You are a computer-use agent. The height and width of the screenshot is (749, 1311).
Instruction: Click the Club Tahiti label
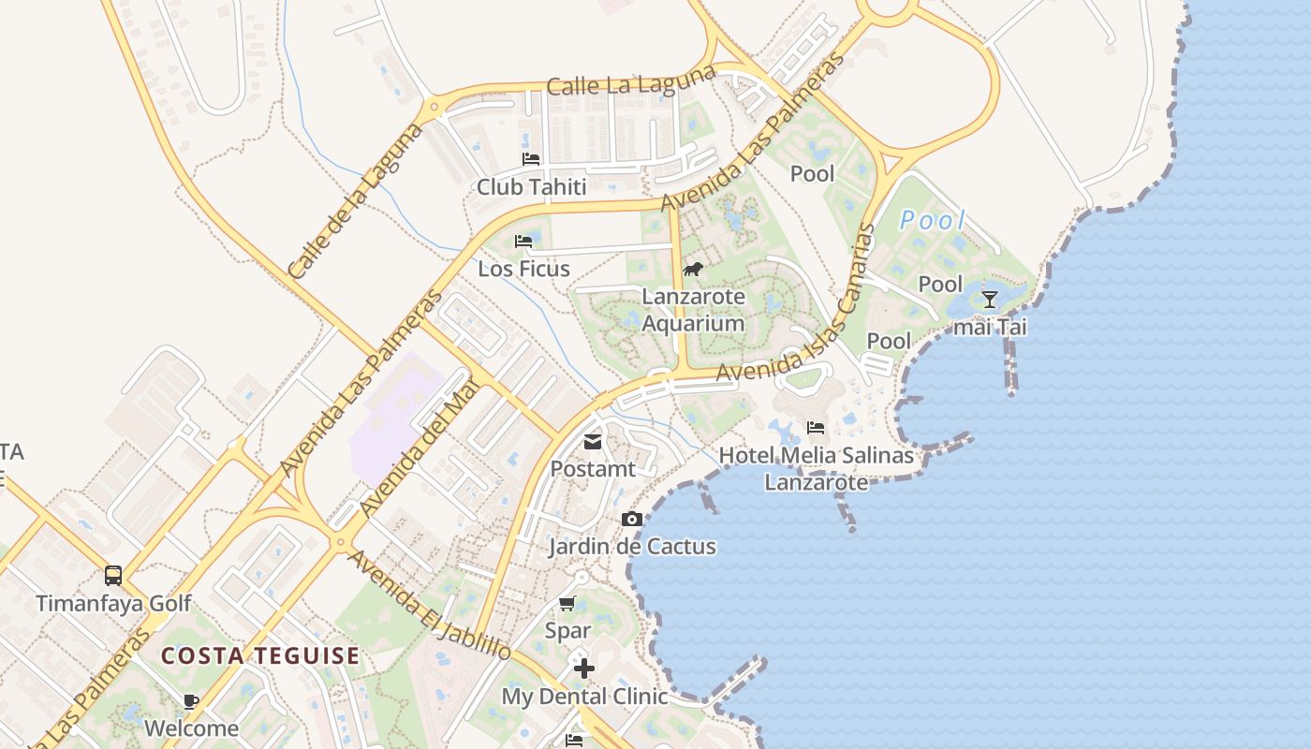531,186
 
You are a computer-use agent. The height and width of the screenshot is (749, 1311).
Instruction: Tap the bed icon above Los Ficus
523,242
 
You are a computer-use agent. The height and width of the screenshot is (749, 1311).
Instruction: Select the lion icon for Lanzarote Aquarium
693,270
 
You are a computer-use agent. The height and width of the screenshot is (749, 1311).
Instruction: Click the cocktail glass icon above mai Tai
989,300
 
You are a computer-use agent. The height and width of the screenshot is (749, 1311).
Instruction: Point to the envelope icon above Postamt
593,442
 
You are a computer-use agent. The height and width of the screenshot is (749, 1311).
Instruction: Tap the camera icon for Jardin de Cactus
632,520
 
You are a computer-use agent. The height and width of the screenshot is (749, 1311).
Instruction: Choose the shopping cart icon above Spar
567,604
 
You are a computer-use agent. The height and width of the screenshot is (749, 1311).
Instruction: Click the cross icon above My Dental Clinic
584,668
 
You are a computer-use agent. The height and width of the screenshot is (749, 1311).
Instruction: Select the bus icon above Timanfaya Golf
113,576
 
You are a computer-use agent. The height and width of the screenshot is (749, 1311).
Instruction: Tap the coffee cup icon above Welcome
191,701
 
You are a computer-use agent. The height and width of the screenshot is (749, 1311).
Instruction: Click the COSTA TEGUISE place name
259,655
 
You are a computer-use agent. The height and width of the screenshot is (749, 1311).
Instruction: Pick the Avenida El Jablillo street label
430,605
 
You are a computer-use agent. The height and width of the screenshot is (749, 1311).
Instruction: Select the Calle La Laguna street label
631,83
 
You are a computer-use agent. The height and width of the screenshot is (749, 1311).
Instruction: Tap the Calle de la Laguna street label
357,201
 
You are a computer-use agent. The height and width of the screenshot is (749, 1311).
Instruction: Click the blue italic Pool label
932,221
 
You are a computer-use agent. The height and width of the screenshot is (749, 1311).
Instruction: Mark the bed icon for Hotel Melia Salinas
816,429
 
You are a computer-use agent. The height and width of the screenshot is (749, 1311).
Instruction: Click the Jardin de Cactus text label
632,546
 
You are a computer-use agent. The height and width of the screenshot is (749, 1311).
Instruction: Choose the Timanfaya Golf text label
113,603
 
